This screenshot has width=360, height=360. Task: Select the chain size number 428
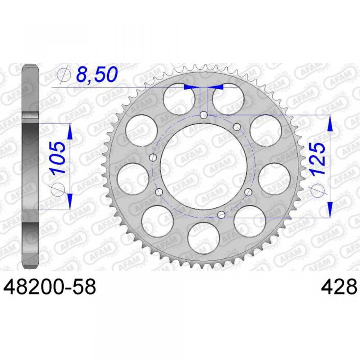340,287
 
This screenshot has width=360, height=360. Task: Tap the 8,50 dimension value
97,74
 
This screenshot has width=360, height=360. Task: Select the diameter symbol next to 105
57,190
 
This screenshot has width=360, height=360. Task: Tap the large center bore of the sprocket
204,166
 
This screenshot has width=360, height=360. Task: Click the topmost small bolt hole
204,115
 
